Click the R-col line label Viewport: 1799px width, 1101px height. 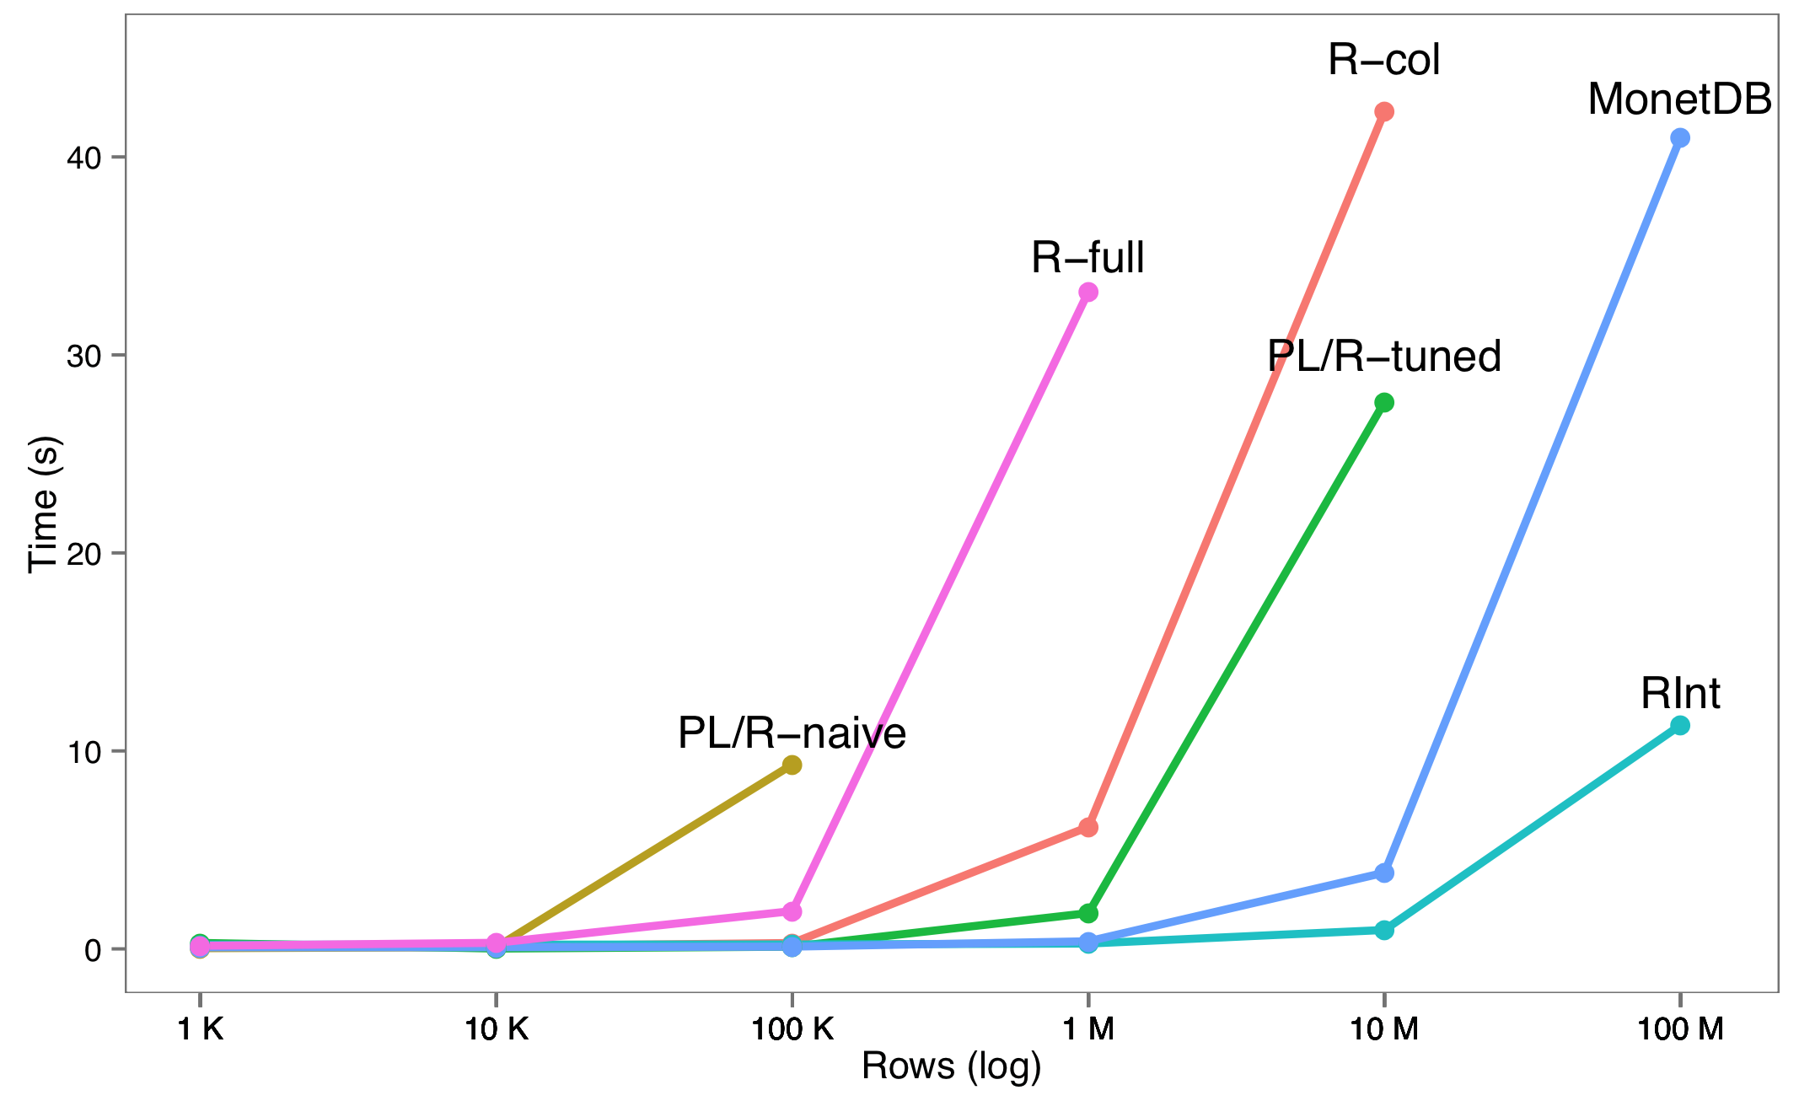tap(1383, 60)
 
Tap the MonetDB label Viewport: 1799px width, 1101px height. tap(1679, 99)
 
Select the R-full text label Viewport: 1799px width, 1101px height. tap(1087, 257)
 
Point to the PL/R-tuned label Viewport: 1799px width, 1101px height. tap(1384, 356)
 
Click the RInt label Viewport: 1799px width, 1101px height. tap(1680, 693)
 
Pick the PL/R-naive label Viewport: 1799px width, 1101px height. tap(792, 733)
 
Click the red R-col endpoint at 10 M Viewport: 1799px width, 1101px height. tap(1384, 111)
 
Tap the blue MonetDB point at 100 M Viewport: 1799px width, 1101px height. tap(1680, 137)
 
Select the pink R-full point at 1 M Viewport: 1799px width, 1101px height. tap(1088, 292)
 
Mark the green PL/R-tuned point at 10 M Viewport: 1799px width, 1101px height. tap(1384, 402)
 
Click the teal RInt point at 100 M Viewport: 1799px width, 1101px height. tap(1680, 725)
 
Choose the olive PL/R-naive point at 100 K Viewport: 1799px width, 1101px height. tap(792, 765)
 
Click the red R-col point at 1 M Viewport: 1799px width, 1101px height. tap(1088, 827)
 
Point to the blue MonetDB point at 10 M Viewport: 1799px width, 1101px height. tap(1384, 873)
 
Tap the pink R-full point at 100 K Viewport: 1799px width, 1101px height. tap(792, 911)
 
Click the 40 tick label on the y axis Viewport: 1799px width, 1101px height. tap(83, 158)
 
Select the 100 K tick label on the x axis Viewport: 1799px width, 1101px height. tap(792, 1029)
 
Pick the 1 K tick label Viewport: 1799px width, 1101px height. tap(200, 1029)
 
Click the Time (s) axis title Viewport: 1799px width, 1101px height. tap(44, 504)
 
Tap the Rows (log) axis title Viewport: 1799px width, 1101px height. tap(952, 1066)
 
